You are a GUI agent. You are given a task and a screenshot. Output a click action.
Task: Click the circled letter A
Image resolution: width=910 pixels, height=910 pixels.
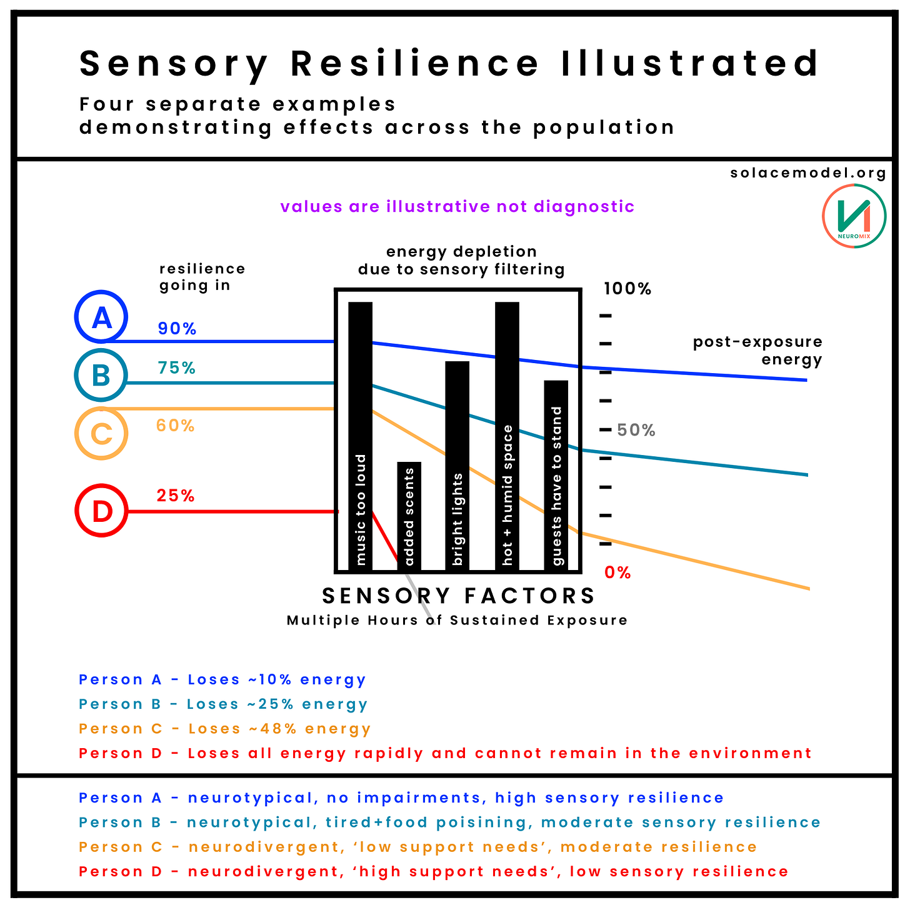click(101, 317)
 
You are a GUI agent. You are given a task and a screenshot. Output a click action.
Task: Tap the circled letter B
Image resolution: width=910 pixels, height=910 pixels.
click(101, 375)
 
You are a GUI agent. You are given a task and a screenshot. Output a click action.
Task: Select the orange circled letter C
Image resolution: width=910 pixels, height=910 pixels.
click(101, 433)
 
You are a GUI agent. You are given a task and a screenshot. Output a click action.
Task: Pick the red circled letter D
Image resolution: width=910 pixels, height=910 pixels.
click(101, 511)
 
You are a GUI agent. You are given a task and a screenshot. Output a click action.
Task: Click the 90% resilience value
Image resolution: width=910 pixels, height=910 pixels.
click(177, 329)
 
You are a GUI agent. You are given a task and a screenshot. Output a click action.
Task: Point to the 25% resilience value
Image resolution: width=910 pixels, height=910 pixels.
click(176, 496)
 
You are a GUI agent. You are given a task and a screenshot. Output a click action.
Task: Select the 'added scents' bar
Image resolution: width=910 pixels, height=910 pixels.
click(409, 516)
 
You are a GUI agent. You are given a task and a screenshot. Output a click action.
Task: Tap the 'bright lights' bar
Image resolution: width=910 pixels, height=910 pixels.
click(457, 465)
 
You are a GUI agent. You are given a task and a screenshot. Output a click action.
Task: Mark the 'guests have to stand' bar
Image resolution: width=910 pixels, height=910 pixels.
click(556, 474)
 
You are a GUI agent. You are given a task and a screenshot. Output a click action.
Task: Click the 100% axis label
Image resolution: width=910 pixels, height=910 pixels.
click(627, 289)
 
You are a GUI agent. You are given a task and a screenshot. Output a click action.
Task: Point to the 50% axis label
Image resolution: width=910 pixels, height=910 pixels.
click(636, 430)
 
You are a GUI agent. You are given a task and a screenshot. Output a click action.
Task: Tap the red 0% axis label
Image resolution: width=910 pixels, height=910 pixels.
click(617, 572)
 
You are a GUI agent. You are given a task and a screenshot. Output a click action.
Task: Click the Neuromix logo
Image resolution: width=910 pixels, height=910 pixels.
click(854, 216)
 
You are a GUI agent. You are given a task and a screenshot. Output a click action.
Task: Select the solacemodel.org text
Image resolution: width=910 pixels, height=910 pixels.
click(807, 173)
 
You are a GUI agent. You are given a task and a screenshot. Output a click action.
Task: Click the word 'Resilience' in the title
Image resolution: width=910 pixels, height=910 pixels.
click(415, 64)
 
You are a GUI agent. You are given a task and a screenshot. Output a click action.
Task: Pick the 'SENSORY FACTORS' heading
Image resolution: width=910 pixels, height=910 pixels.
click(459, 596)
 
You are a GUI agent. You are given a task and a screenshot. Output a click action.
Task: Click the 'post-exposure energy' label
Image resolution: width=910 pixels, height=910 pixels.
click(757, 351)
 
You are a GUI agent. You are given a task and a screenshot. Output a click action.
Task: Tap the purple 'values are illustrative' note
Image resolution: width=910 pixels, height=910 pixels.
click(457, 207)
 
